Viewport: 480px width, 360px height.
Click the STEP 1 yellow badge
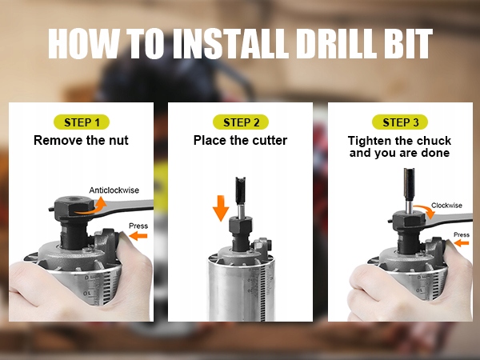click(82, 122)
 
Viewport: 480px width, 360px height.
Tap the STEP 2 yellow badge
click(241, 122)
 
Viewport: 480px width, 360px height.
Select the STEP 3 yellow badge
click(400, 122)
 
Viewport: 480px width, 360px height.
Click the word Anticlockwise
click(114, 190)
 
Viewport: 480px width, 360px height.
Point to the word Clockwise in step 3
click(446, 205)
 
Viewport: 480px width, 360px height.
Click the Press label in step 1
click(138, 226)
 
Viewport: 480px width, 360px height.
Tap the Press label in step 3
click(462, 234)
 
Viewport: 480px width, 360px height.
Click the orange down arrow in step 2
click(221, 208)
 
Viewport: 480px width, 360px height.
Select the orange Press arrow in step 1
click(138, 236)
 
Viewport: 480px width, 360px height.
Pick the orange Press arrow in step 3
click(462, 243)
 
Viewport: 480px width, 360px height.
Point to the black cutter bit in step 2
click(241, 190)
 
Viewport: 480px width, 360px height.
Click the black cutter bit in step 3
click(409, 184)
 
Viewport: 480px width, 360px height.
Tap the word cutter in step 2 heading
click(270, 141)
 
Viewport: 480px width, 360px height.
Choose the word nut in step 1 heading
click(118, 141)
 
